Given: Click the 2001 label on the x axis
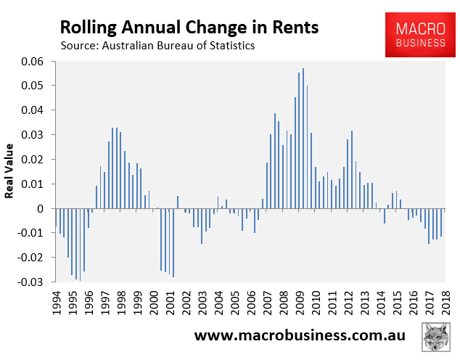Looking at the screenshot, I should (x=169, y=303).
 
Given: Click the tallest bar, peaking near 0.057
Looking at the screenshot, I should (x=303, y=138).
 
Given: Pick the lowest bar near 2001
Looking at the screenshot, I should (x=173, y=242).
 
